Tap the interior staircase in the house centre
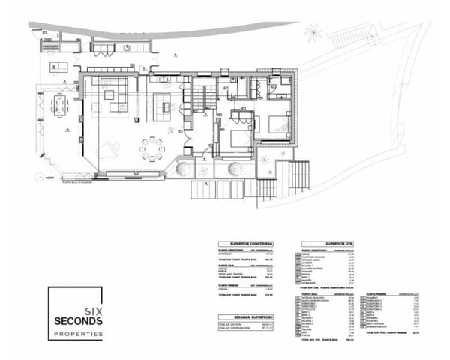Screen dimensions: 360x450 (x=201, y=96)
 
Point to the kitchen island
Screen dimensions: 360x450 (x=162, y=107)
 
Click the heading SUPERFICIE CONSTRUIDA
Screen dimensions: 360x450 (x=244, y=244)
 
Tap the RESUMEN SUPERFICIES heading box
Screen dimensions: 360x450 (x=244, y=317)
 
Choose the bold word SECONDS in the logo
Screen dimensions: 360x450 (x=77, y=321)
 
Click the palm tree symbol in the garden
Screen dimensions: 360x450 (x=313, y=33)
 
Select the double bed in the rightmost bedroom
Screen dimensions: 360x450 (x=276, y=124)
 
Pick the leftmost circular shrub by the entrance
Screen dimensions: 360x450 (x=181, y=169)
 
